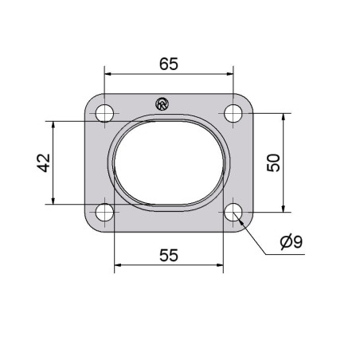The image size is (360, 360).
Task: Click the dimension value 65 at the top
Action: [169, 65]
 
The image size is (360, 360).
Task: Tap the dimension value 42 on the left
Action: [44, 162]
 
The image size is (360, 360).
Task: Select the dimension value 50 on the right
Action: [273, 162]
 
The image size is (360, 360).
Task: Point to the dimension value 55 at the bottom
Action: [169, 256]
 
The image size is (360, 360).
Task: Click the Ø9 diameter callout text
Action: [292, 241]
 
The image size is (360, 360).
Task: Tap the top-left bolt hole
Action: [104, 113]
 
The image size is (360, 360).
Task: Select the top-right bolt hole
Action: [233, 113]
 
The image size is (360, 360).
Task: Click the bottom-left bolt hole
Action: [104, 212]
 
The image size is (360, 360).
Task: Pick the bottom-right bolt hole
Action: [233, 212]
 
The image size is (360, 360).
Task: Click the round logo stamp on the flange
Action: [162, 104]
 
